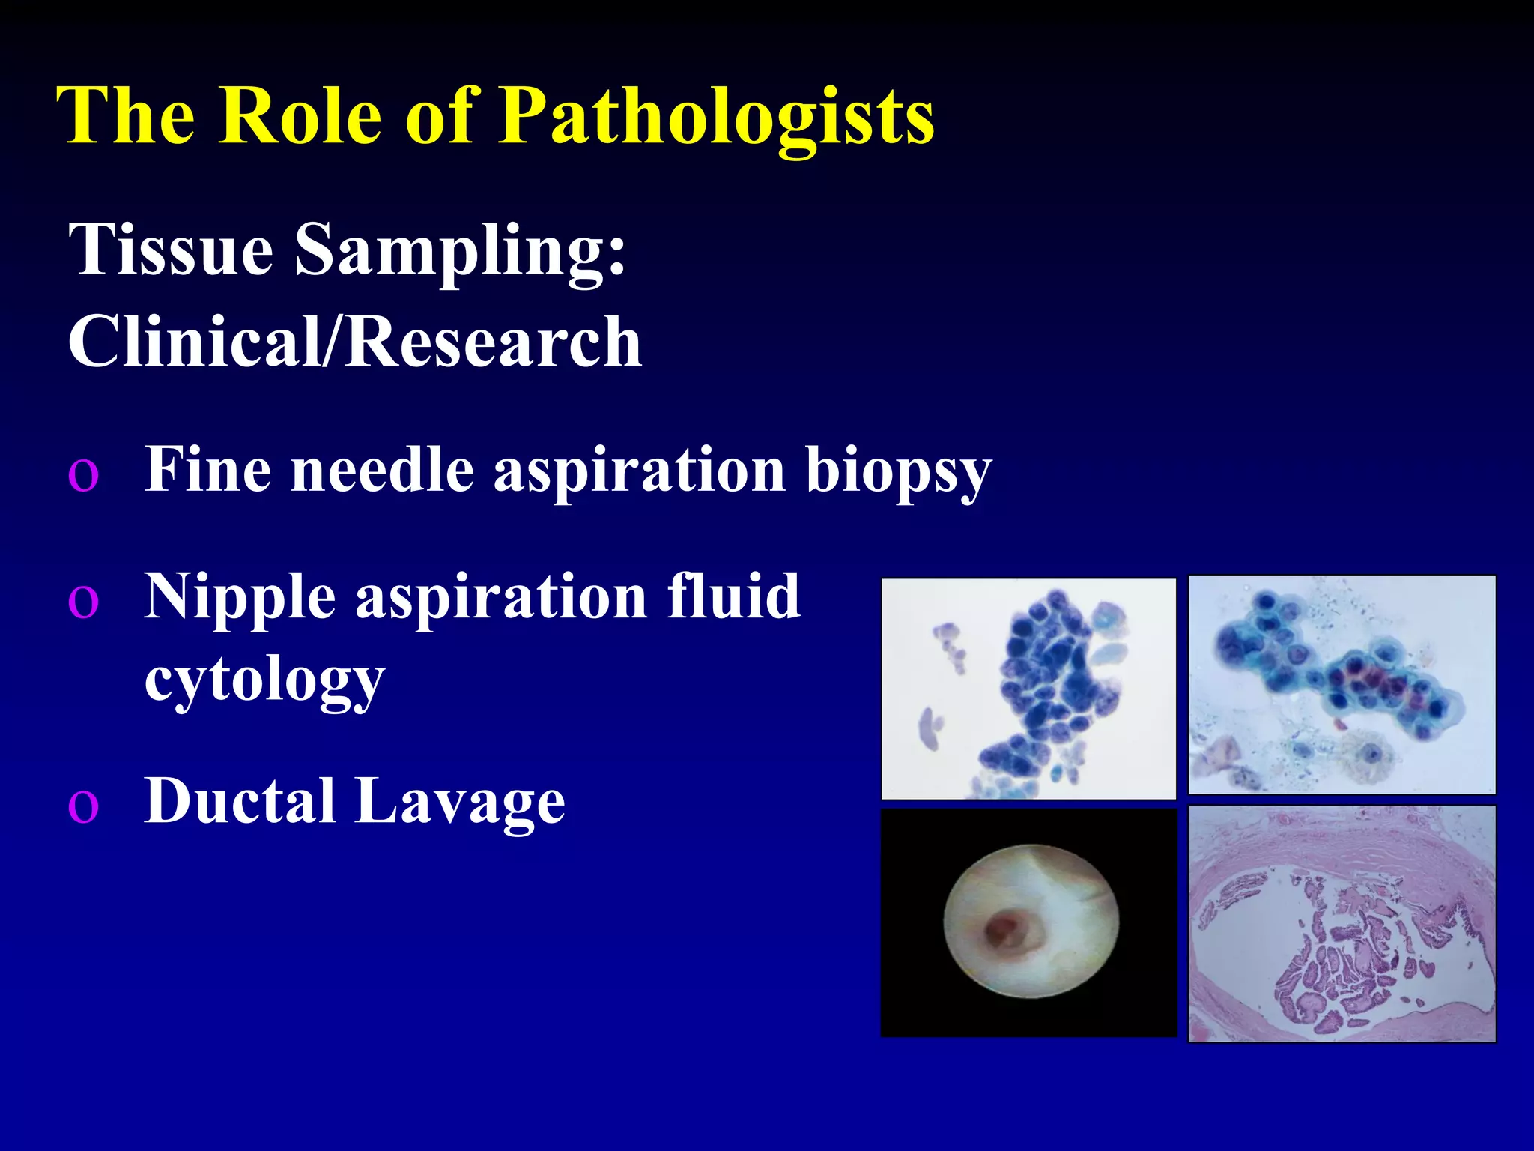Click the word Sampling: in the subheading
click(460, 251)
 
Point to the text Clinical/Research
click(354, 342)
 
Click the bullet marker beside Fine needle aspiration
click(83, 474)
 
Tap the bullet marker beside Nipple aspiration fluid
click(83, 600)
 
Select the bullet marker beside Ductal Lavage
click(83, 806)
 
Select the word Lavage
click(460, 802)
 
